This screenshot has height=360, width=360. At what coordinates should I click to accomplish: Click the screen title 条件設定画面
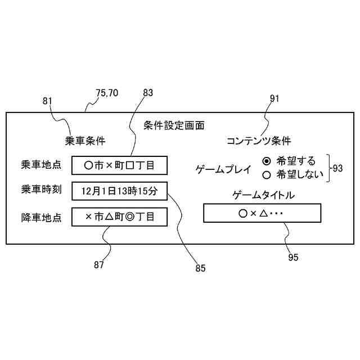pyautogui.click(x=174, y=125)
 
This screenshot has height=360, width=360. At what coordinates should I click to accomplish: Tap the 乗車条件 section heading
pyautogui.click(x=85, y=141)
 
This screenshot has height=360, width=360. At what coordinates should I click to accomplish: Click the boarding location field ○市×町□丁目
pyautogui.click(x=119, y=165)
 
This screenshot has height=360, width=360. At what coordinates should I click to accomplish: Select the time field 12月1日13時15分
pyautogui.click(x=119, y=191)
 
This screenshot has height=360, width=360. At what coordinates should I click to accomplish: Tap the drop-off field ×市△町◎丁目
pyautogui.click(x=119, y=216)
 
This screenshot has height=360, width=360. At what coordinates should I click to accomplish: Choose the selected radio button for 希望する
pyautogui.click(x=267, y=160)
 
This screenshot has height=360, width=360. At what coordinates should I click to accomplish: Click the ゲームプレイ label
pyautogui.click(x=223, y=168)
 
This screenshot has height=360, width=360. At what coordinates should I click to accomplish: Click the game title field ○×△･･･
pyautogui.click(x=262, y=214)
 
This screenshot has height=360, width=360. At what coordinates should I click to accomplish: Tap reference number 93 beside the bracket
pyautogui.click(x=337, y=168)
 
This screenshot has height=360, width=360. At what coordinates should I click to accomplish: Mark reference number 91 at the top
pyautogui.click(x=274, y=98)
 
